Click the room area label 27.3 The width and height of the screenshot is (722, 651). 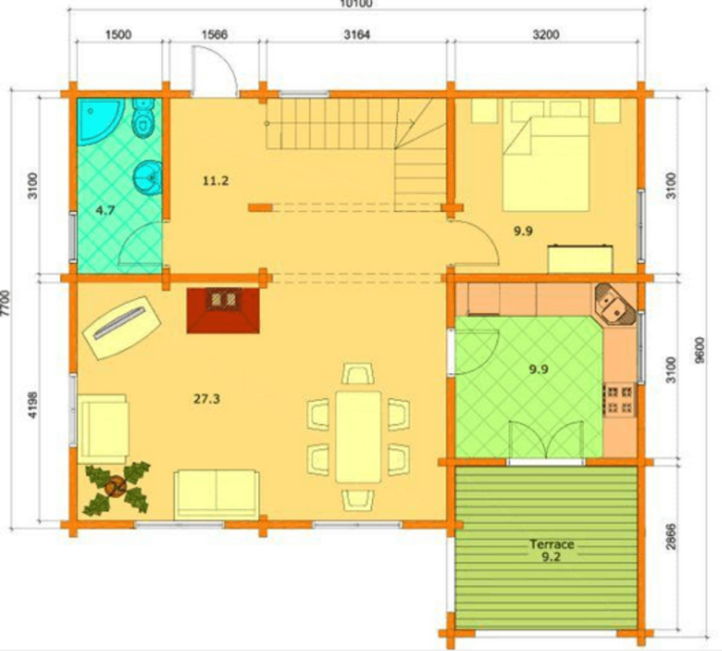(206, 398)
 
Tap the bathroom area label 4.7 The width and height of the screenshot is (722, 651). (105, 211)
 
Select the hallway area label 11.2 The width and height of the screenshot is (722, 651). (215, 180)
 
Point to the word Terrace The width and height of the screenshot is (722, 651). (552, 544)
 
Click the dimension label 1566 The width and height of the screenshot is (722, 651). (214, 35)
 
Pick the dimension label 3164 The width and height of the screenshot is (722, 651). (357, 35)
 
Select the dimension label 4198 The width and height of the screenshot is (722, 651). (32, 405)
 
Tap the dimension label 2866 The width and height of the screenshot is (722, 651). (671, 536)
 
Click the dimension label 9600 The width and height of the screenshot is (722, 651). (700, 350)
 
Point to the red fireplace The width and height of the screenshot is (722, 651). (223, 310)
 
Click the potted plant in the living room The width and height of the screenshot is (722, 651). (116, 488)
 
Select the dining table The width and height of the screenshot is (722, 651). (358, 437)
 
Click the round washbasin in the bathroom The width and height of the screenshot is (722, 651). (147, 177)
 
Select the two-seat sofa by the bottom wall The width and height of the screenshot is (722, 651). (217, 495)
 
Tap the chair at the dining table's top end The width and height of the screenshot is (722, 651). (358, 373)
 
